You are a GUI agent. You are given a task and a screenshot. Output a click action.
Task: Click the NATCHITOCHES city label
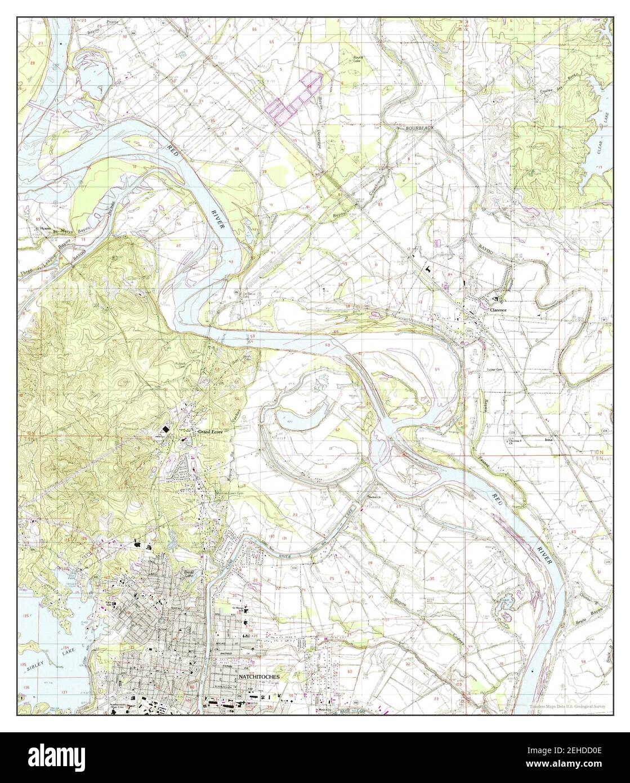coord(259,676)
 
